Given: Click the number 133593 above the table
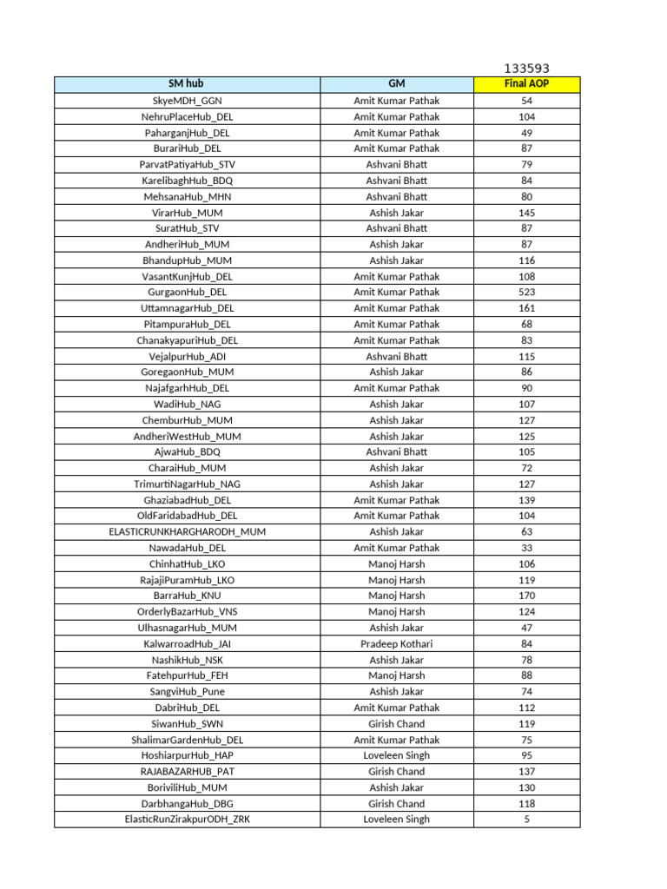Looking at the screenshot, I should click(526, 69).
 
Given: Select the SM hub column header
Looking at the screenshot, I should click(187, 84).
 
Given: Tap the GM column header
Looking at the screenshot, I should click(396, 84).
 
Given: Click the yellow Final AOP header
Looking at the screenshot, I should click(526, 84).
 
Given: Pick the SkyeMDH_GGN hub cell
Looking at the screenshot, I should click(187, 101).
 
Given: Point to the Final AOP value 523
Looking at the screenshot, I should click(526, 293).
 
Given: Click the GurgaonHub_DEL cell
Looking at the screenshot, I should click(187, 293).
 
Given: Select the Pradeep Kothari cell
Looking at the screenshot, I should click(396, 644).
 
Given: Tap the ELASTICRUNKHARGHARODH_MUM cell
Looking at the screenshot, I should click(187, 532).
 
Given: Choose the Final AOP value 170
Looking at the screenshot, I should click(526, 596).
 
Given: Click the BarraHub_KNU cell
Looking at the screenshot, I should click(187, 596).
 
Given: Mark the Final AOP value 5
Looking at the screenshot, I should click(526, 820).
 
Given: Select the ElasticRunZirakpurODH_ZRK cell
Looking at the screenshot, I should click(187, 820).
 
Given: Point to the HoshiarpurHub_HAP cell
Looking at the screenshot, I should click(187, 756).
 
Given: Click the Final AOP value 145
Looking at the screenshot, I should click(526, 213).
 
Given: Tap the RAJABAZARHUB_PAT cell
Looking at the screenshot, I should click(187, 772).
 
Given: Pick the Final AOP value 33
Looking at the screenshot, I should click(526, 549).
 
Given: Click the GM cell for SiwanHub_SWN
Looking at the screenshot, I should click(396, 724).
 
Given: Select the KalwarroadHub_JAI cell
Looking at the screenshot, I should click(187, 644).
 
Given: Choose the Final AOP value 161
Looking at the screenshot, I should click(526, 308).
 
